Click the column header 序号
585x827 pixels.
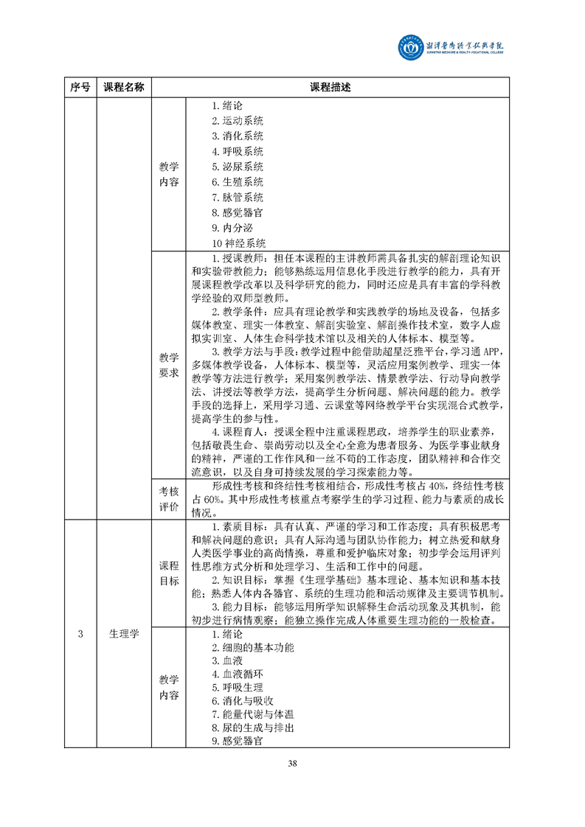pos(80,87)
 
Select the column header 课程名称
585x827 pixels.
pos(124,87)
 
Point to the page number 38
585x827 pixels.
pos(293,763)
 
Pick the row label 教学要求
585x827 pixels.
pos(169,364)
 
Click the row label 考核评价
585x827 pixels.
pos(169,498)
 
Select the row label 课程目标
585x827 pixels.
pos(169,573)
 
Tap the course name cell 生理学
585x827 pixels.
pos(124,634)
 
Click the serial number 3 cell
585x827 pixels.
pos(80,634)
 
